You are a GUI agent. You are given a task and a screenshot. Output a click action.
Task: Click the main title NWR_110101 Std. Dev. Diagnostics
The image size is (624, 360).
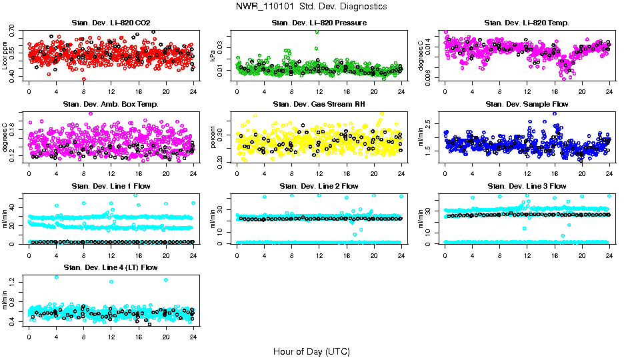(x=311, y=6)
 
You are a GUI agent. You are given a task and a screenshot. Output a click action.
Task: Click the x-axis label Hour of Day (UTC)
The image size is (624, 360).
(x=311, y=351)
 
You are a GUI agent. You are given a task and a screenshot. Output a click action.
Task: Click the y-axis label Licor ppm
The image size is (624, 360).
(x=5, y=56)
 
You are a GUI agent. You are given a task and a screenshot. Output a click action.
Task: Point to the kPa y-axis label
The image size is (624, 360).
(x=213, y=56)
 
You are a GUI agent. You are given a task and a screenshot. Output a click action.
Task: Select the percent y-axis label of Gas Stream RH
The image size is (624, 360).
(x=213, y=137)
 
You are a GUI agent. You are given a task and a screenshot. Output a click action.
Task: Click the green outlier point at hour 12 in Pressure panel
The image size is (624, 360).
(x=317, y=31)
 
